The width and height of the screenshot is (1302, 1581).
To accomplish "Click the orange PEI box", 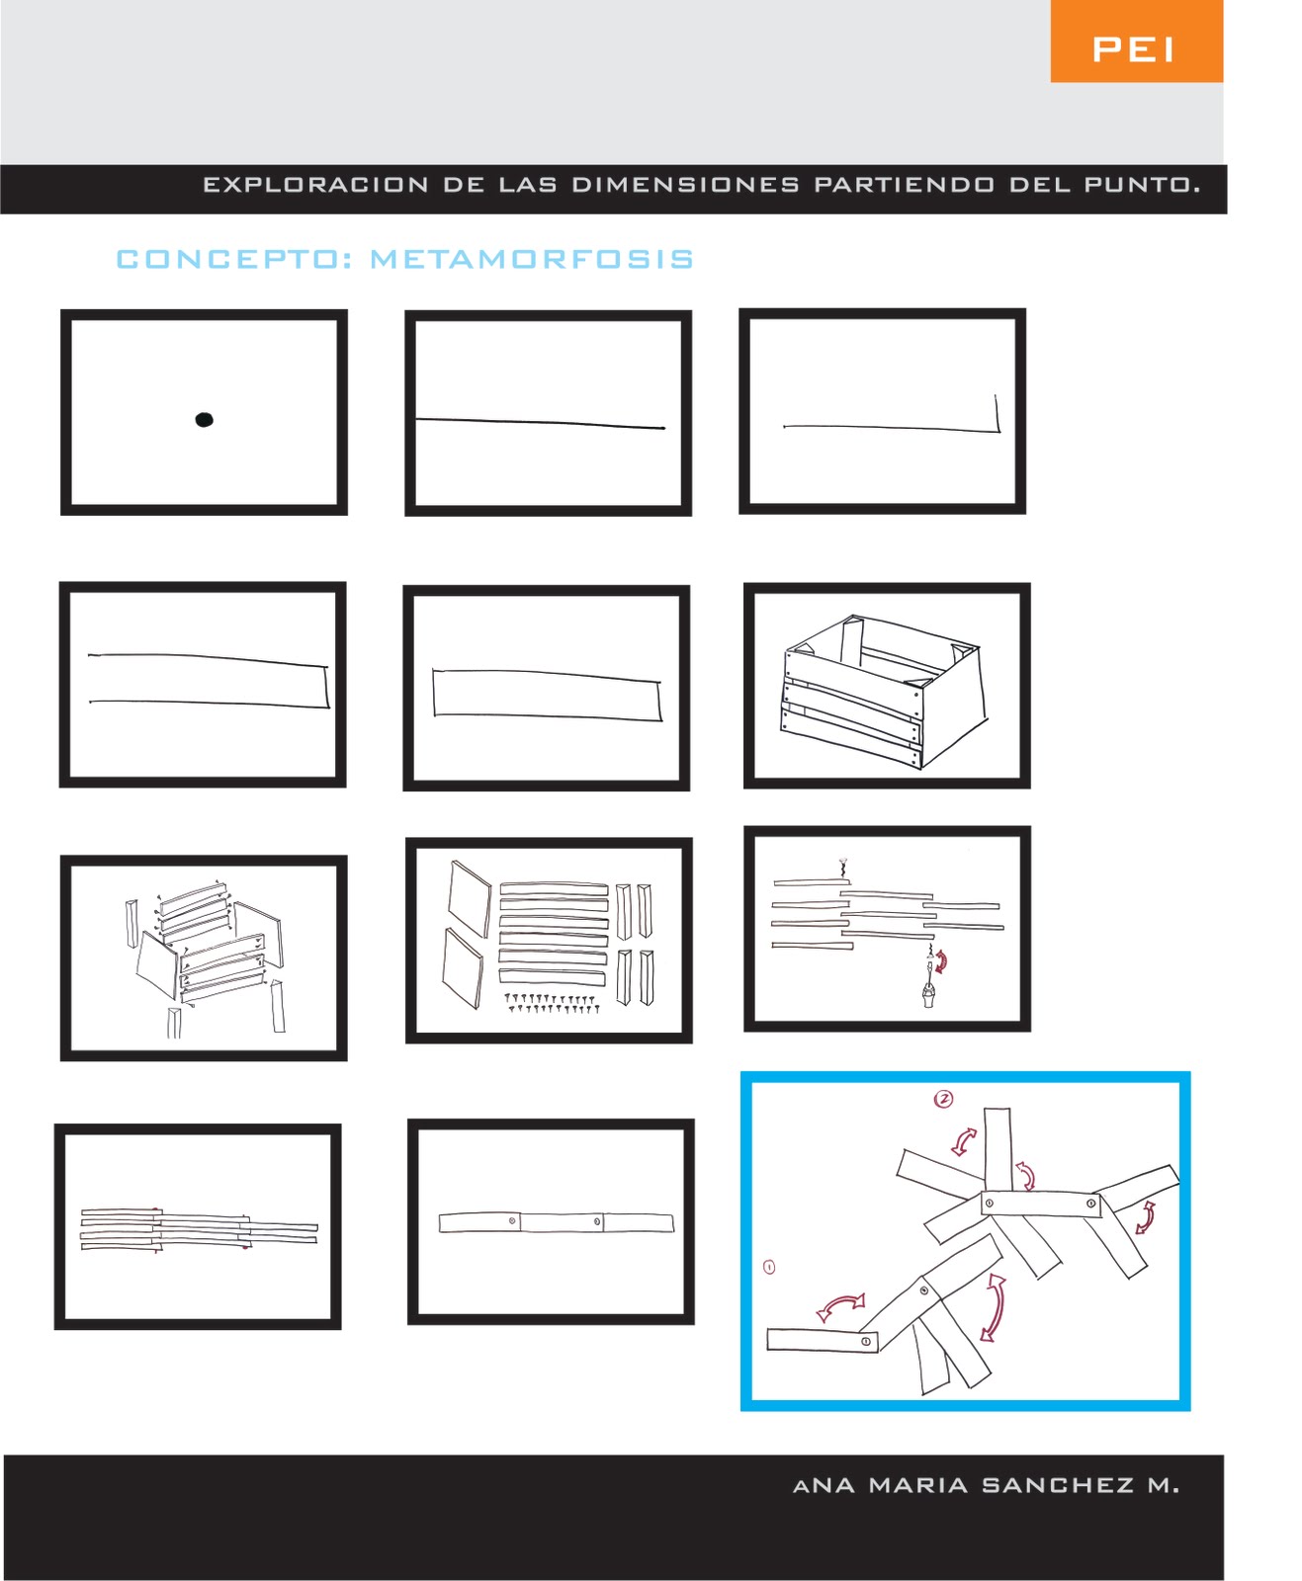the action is point(1136,42).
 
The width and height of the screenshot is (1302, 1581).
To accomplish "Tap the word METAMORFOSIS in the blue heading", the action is point(533,259).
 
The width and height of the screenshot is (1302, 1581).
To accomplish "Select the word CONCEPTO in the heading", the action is point(228,259).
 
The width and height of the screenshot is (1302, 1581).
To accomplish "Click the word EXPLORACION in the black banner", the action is point(315,185).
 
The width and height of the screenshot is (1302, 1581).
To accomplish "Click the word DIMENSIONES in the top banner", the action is point(685,185).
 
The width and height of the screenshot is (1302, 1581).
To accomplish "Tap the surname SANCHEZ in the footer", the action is point(1058,1485).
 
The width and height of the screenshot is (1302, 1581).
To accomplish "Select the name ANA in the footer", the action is point(824,1485).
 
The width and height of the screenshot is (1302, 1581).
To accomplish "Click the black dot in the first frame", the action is point(204,420).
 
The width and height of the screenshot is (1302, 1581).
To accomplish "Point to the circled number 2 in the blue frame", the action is point(943,1099).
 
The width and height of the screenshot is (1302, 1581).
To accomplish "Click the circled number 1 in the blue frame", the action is point(769,1267).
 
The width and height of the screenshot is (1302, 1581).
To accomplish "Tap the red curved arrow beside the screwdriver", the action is point(941,961).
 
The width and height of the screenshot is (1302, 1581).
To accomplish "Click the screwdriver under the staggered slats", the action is point(929,978).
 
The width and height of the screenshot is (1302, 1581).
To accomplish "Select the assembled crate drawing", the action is point(884,691).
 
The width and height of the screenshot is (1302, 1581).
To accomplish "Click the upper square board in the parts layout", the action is point(470,899).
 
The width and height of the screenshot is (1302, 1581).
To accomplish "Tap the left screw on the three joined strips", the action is point(512,1221).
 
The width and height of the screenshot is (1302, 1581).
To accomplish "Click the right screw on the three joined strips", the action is point(597,1222).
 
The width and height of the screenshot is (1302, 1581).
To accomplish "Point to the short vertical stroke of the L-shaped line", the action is point(998,413).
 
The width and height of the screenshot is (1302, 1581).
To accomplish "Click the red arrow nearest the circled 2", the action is point(964,1141).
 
